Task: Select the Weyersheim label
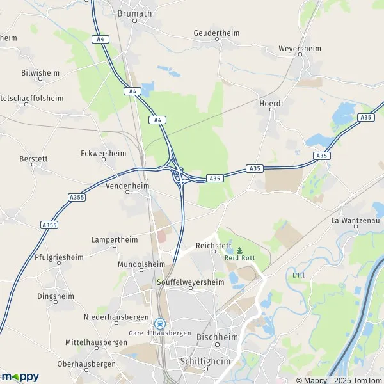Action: [299, 48]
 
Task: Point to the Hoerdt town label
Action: [271, 102]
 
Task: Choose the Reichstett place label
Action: [212, 245]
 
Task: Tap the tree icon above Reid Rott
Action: [240, 250]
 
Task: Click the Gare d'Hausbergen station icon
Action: [159, 324]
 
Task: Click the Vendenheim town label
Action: [127, 186]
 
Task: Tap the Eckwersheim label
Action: [104, 153]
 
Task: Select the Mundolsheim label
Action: [141, 264]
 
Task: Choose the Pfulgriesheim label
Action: [58, 257]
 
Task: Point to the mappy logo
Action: [20, 376]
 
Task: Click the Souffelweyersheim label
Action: [190, 282]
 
